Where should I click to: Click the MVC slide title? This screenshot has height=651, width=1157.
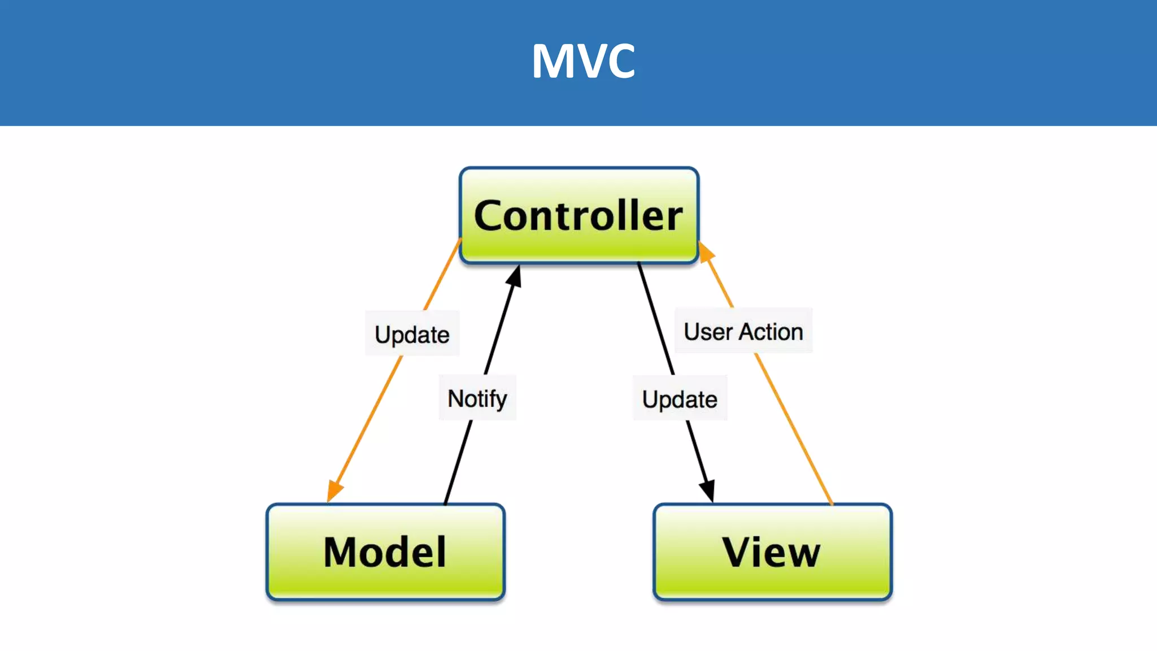[583, 61]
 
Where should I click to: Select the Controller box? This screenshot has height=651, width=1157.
[578, 215]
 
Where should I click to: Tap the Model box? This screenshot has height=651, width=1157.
[385, 552]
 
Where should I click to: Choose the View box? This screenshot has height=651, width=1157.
[772, 552]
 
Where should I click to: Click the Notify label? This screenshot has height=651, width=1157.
[477, 398]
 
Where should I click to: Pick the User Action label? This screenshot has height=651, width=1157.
[743, 332]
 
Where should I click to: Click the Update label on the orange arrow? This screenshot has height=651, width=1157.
[412, 335]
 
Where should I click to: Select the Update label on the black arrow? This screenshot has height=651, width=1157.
[680, 400]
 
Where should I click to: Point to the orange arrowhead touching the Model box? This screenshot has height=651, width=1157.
[334, 491]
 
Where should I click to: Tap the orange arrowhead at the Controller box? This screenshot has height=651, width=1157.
[706, 251]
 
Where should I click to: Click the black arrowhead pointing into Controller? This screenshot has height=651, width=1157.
[514, 276]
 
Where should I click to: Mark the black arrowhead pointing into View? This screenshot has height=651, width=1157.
[707, 490]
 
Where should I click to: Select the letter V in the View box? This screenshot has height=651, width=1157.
[740, 552]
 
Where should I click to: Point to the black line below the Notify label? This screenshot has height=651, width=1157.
[459, 460]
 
